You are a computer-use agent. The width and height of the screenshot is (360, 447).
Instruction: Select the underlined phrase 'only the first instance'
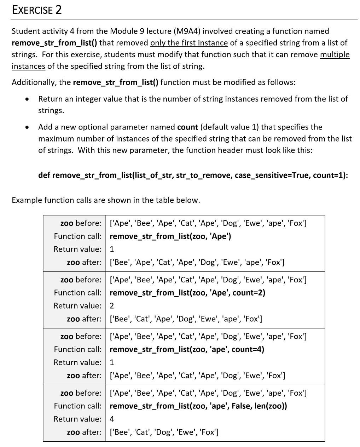[189, 43]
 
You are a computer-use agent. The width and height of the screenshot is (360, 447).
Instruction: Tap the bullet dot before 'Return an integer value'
[27, 99]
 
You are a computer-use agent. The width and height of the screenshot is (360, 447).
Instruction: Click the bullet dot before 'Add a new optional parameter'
[27, 127]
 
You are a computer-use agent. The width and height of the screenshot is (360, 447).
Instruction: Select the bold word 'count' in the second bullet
[187, 127]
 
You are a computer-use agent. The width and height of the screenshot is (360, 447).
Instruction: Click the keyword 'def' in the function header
[44, 175]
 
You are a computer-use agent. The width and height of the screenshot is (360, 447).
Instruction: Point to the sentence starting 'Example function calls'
[106, 200]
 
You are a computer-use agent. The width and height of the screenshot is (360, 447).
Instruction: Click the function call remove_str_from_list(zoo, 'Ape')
[170, 236]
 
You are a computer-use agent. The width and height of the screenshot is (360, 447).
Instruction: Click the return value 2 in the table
[112, 306]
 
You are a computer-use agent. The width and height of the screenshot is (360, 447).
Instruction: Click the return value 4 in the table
[112, 419]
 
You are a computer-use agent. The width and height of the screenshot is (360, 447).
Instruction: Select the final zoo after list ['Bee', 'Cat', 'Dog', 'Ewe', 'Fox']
[164, 432]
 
